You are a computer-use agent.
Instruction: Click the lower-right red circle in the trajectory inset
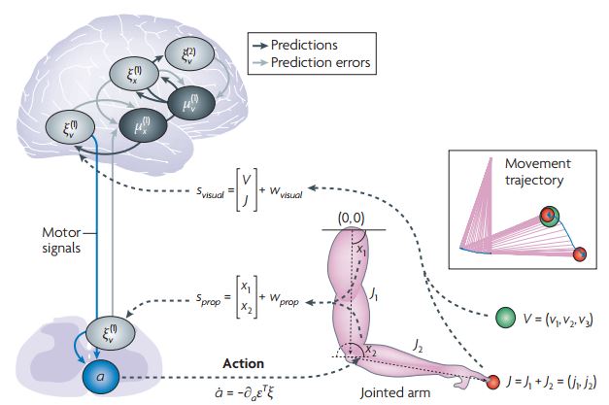point(580,255)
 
